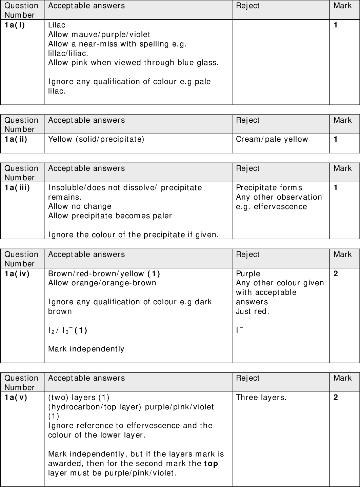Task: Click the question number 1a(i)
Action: click(15, 25)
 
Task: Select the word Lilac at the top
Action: click(57, 25)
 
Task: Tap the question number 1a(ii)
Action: click(16, 139)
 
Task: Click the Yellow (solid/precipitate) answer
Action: click(96, 139)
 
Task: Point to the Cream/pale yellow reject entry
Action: click(272, 139)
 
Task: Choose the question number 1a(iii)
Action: click(17, 187)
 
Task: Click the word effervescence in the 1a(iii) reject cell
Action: click(280, 206)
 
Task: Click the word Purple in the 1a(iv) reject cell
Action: click(248, 273)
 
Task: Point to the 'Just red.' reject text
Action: click(253, 311)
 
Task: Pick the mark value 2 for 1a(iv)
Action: click(336, 273)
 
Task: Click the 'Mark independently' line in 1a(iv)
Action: click(86, 349)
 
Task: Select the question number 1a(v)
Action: click(16, 397)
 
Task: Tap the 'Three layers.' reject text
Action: click(261, 397)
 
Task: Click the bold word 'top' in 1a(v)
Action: click(211, 463)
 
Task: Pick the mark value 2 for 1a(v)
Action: click(336, 397)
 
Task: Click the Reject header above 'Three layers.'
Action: click(247, 378)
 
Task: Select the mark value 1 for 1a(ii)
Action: click(336, 139)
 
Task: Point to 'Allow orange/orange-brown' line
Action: click(102, 283)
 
